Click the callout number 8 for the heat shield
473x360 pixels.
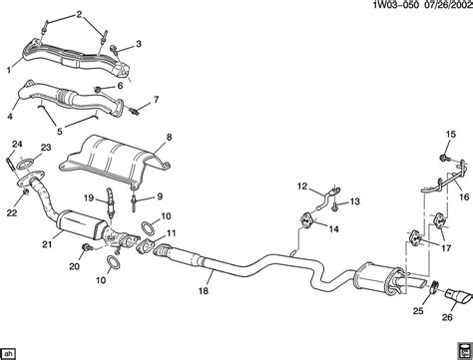(169, 138)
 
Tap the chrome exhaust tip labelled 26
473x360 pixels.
(459, 296)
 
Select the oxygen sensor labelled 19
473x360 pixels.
(109, 203)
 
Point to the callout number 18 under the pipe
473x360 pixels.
(204, 291)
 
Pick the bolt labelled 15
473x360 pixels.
(444, 158)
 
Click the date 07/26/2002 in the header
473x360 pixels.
(447, 6)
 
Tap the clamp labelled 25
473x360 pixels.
(434, 287)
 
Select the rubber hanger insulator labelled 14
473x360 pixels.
(307, 220)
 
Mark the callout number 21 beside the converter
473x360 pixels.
(47, 244)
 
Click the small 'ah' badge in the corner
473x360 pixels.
(8, 353)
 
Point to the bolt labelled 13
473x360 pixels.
(334, 205)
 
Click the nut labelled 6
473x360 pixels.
(98, 89)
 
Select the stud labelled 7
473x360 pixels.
(135, 111)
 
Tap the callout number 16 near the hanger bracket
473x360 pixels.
(464, 196)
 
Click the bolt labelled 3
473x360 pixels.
(115, 49)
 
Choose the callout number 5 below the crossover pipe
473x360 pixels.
(60, 131)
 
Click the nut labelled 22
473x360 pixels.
(25, 192)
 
